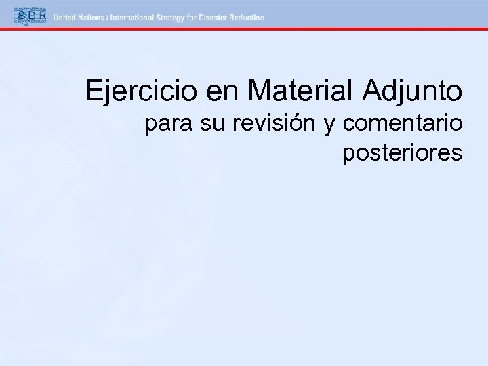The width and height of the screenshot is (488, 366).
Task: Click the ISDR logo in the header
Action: pyautogui.click(x=28, y=16)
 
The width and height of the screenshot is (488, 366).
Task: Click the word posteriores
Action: pyautogui.click(x=403, y=153)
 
